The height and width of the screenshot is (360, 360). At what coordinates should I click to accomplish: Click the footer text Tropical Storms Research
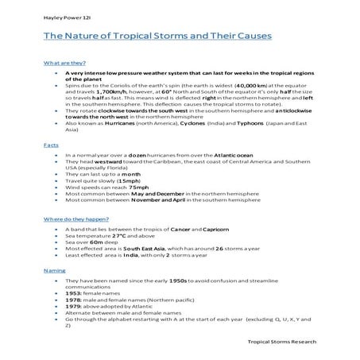tap(281, 340)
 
